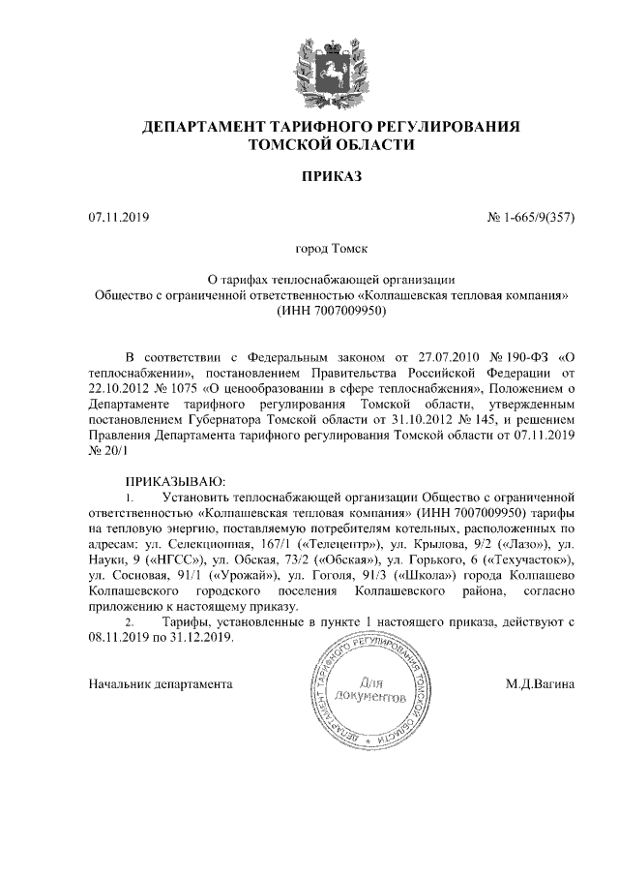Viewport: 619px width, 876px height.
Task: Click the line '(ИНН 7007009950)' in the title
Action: tap(331, 312)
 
